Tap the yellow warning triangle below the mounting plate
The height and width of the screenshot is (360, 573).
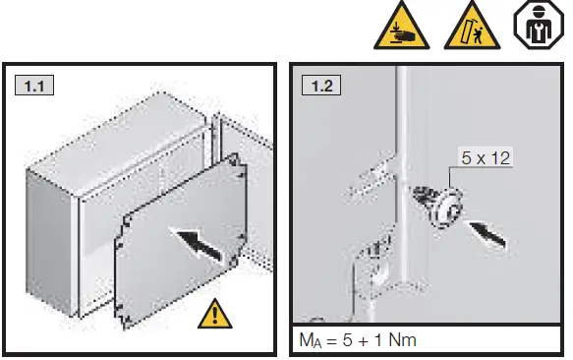point(212,315)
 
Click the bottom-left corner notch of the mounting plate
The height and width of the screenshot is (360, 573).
point(120,317)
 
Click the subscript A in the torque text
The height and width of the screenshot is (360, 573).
point(315,344)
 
